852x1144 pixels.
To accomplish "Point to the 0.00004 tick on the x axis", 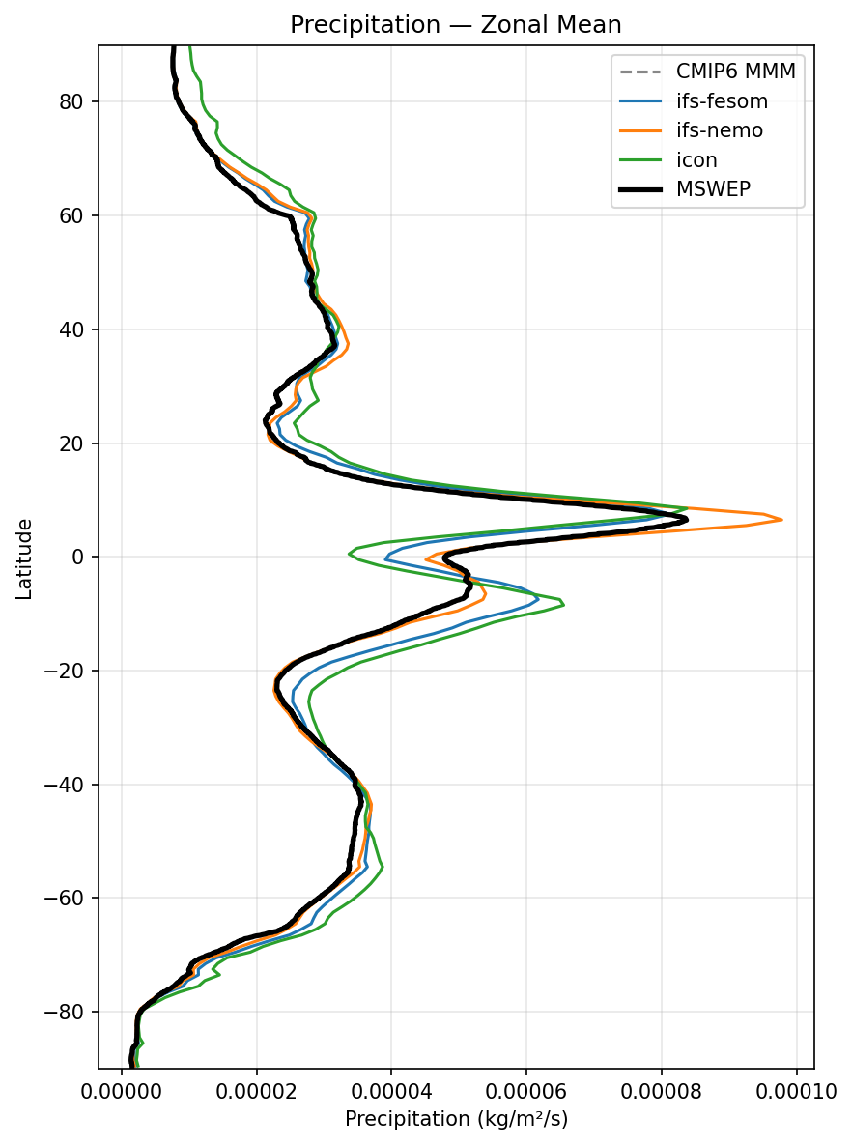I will click(391, 1091).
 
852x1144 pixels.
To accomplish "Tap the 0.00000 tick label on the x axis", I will click(122, 1091).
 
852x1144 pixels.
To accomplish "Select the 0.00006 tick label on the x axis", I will click(526, 1091).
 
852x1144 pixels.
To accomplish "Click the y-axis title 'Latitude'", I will click(25, 558).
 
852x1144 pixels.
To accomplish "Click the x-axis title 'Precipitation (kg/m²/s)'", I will click(456, 1120).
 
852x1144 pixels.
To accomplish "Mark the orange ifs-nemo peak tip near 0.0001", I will click(781, 520).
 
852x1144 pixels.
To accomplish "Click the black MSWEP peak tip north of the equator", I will click(687, 520).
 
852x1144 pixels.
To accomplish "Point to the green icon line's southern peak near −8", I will click(563, 605).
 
